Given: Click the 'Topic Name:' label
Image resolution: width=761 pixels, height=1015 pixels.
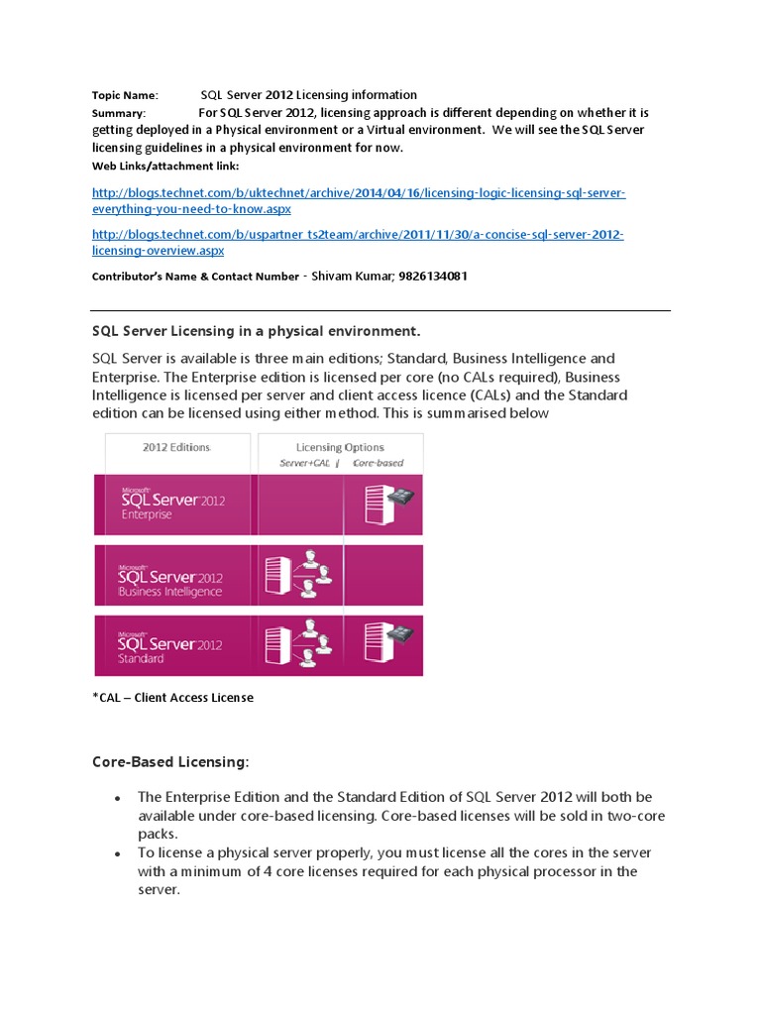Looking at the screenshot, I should (x=125, y=95).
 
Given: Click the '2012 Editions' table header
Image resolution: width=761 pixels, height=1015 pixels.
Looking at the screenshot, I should (x=176, y=447).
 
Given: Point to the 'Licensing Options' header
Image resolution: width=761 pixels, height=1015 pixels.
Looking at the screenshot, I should (x=340, y=447).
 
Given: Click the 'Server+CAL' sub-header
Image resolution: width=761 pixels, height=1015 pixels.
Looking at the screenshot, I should (x=304, y=463).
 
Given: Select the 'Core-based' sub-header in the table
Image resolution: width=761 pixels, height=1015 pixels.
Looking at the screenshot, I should (x=378, y=463).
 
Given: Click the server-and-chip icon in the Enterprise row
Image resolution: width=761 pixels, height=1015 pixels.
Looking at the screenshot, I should (x=388, y=506).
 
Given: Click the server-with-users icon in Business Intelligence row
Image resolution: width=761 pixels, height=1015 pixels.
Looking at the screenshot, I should (x=298, y=576).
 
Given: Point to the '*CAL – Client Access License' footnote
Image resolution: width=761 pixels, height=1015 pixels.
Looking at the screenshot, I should (x=172, y=698).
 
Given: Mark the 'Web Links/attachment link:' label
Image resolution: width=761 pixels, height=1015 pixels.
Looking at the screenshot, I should (x=165, y=165).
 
